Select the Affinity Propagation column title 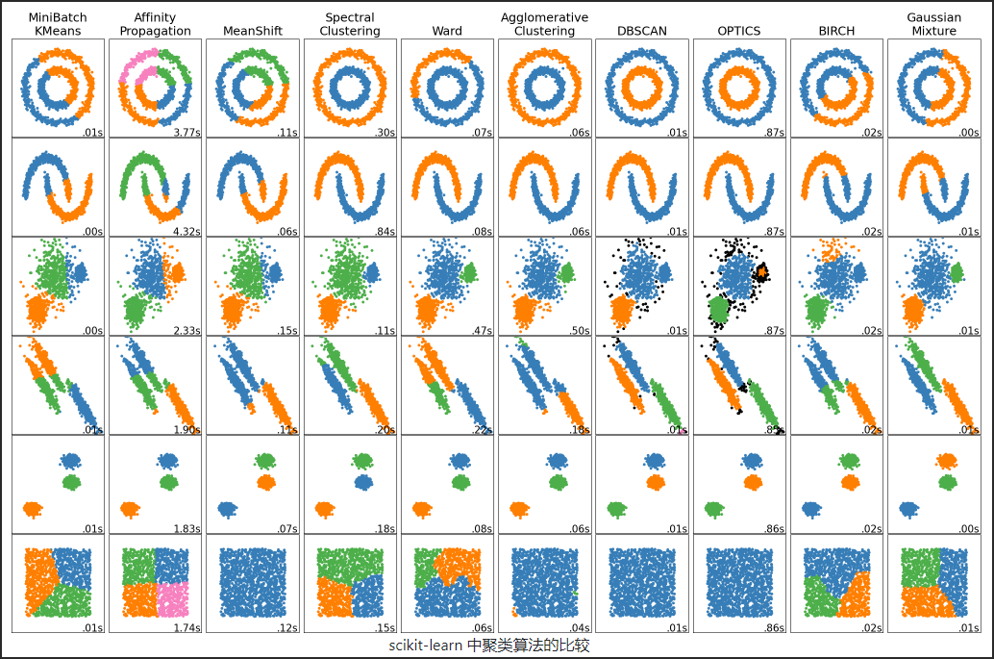[x=155, y=24]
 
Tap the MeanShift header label [x=252, y=31]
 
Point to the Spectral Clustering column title [x=350, y=24]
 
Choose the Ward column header [x=447, y=31]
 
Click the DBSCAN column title [x=641, y=31]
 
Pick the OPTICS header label [x=738, y=31]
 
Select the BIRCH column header [x=835, y=31]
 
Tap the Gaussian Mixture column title [x=933, y=24]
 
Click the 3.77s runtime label [x=186, y=132]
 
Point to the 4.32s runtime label [x=186, y=231]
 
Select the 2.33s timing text [x=186, y=330]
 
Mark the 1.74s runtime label [x=186, y=627]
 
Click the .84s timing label [x=384, y=231]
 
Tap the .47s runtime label [x=481, y=330]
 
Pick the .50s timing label [x=578, y=330]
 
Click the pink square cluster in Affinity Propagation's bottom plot [x=172, y=599]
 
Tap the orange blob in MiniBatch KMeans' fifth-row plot [x=34, y=508]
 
